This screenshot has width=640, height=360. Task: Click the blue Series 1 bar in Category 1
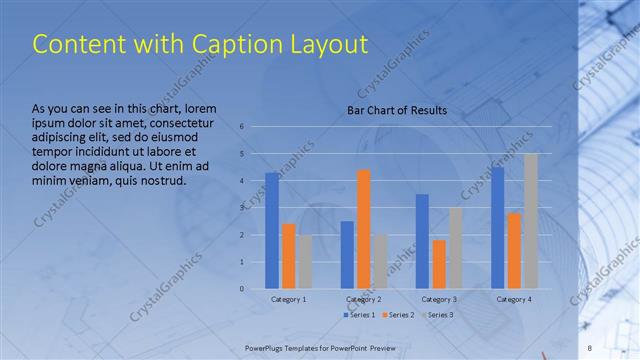click(272, 231)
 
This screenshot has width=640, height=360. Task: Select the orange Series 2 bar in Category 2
click(363, 229)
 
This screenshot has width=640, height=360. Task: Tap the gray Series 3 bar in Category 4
click(530, 221)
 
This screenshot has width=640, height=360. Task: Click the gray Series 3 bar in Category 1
click(304, 262)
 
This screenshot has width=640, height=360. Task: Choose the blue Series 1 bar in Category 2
click(347, 255)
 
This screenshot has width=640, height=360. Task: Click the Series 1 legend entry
click(361, 315)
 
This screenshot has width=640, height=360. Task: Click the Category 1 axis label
click(289, 299)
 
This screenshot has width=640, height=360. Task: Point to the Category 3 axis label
click(439, 299)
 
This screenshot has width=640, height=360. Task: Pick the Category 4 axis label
click(514, 299)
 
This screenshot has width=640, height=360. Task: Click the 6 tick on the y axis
click(242, 127)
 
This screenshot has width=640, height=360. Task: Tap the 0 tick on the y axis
click(242, 289)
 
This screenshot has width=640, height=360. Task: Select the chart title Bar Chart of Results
click(397, 110)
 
